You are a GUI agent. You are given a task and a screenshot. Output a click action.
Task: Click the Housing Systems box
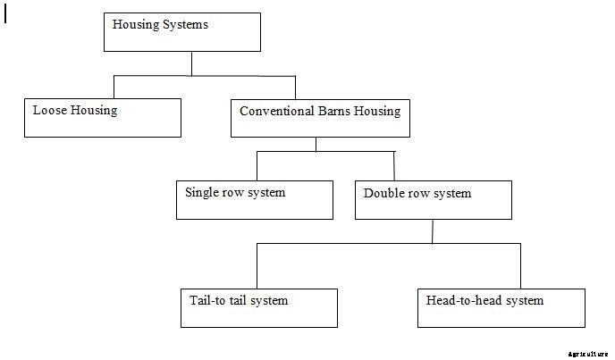point(182,32)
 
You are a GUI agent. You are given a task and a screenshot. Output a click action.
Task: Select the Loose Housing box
point(102,117)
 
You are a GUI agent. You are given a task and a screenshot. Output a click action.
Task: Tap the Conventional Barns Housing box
point(320,118)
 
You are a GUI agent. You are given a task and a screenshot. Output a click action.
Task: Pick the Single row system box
point(253,199)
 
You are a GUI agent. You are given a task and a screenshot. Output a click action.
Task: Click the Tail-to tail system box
point(258,307)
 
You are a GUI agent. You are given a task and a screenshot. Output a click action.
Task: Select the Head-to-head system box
point(501,307)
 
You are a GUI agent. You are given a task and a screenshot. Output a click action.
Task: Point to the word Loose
point(51,111)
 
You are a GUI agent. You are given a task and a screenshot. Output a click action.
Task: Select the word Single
point(203,192)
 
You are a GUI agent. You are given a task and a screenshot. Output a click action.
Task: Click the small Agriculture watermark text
point(587,354)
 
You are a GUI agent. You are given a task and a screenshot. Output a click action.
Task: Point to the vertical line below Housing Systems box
point(191,63)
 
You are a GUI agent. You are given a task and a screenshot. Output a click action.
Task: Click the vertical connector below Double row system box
point(433,230)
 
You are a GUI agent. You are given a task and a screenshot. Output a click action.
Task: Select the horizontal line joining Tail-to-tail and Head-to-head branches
point(389,243)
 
